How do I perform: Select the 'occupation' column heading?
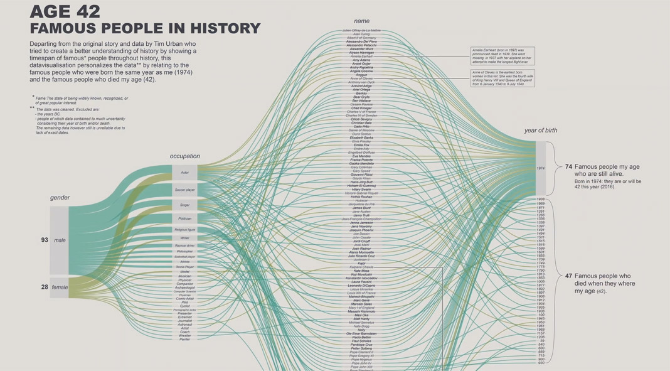tap(184, 156)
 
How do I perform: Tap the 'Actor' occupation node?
tap(184, 173)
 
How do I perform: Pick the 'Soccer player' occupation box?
tap(184, 189)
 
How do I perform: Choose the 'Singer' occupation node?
tap(184, 205)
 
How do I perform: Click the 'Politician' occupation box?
tap(184, 218)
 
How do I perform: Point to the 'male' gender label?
tap(60, 240)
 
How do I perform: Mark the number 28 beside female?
tap(45, 287)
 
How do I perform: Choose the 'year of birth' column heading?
tap(540, 131)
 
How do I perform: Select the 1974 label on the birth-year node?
tap(540, 168)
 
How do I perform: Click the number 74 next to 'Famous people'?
tap(568, 166)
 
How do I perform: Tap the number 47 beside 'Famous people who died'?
tap(568, 276)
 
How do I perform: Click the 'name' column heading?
tap(361, 21)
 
